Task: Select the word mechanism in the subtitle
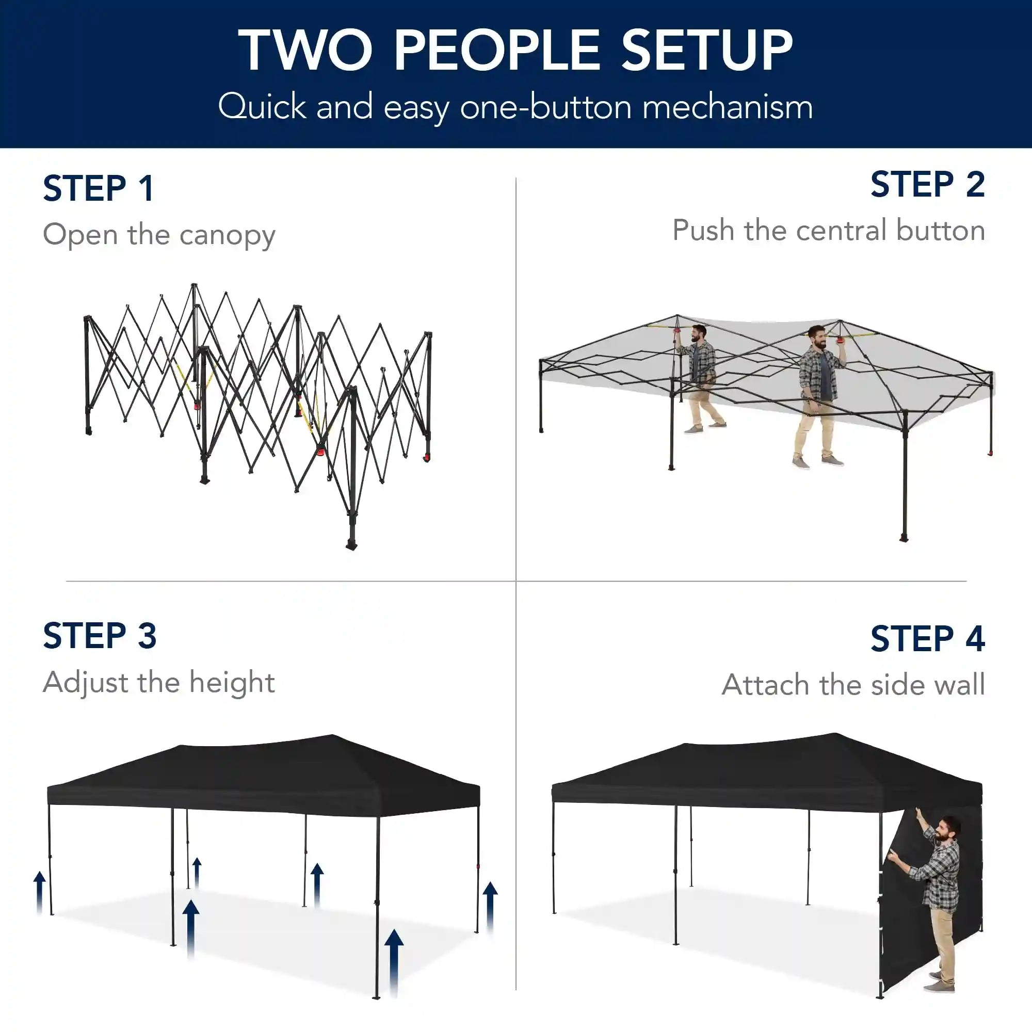click(x=728, y=106)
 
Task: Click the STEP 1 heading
click(x=99, y=188)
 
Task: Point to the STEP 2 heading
click(x=928, y=184)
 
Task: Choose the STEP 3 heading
click(x=100, y=636)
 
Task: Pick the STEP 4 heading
click(x=928, y=638)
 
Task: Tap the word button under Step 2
click(x=941, y=230)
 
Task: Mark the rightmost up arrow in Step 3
click(x=490, y=908)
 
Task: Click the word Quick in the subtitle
click(x=262, y=106)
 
